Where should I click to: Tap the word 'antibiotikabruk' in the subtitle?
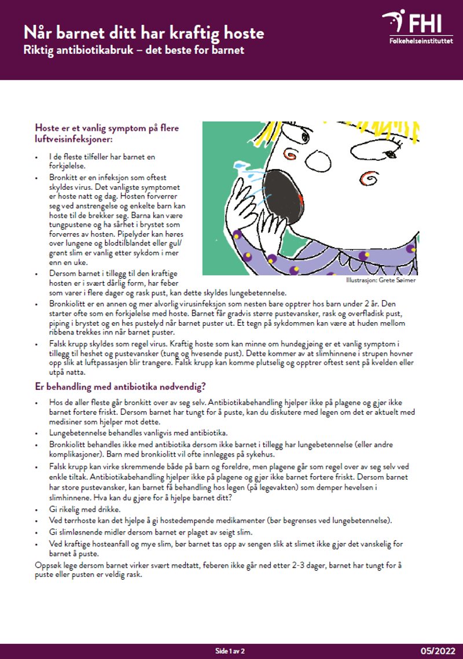tap(97, 50)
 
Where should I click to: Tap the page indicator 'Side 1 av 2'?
tap(230, 651)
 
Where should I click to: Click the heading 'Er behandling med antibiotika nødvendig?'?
tap(121, 386)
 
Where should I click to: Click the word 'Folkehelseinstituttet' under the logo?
tap(420, 42)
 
